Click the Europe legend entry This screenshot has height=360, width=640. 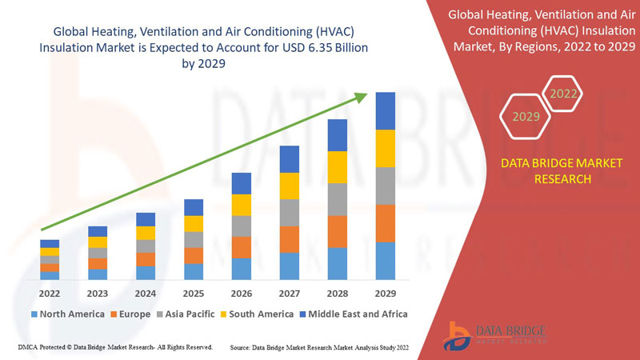(x=130, y=314)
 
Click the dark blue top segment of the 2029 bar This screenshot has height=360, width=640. (x=386, y=110)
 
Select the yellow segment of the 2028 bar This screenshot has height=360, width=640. (x=338, y=166)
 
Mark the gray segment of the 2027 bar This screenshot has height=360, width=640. (x=290, y=212)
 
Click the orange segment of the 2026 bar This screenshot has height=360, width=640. (x=242, y=247)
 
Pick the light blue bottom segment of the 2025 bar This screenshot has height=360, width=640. (x=194, y=271)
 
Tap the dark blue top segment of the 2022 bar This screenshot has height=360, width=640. (x=50, y=243)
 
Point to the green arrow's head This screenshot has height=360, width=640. (x=361, y=97)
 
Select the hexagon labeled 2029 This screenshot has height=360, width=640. (x=526, y=117)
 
